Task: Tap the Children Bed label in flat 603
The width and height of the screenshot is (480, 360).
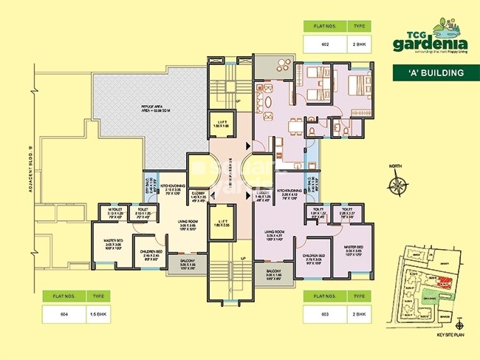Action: (x=317, y=259)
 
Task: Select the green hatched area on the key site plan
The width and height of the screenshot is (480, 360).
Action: (x=428, y=296)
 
